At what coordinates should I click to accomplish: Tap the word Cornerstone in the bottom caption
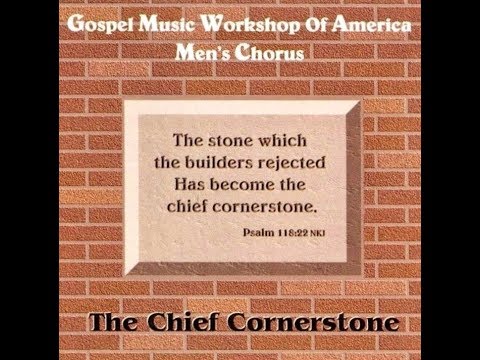tap(326, 326)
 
